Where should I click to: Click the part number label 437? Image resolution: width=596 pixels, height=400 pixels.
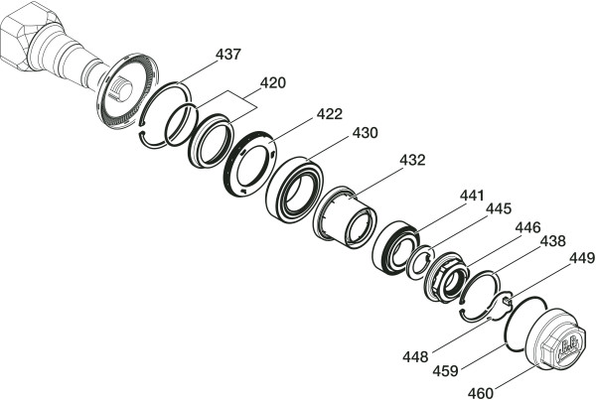click(x=228, y=55)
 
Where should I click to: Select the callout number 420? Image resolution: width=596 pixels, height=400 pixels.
click(x=272, y=82)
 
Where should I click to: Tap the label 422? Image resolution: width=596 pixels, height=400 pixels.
click(x=330, y=113)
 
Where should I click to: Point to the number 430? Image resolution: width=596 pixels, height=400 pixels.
click(x=365, y=133)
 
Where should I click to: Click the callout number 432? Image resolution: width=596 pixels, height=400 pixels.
click(x=412, y=160)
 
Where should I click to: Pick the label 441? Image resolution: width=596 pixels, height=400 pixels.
click(x=472, y=196)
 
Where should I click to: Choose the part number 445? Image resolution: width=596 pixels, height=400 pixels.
click(x=499, y=208)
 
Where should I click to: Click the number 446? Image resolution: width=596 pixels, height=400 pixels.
click(x=527, y=227)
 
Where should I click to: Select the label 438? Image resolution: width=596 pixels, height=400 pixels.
click(x=553, y=241)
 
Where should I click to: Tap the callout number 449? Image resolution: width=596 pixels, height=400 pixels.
click(x=582, y=258)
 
